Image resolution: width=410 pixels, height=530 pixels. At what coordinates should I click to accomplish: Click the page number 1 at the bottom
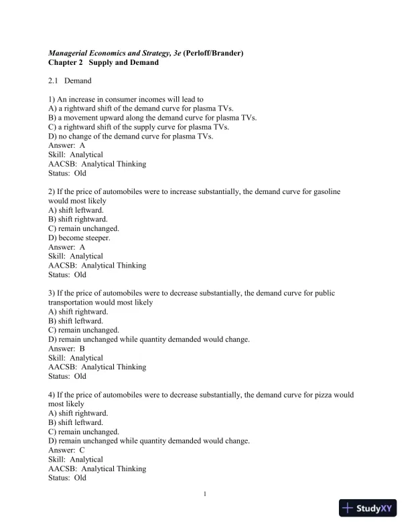tap(205, 495)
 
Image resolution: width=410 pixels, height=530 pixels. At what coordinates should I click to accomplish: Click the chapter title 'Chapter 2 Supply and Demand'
tap(103, 62)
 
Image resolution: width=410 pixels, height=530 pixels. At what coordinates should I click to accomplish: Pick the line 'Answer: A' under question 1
tap(67, 145)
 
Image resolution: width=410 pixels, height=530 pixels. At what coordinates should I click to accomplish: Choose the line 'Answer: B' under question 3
tap(67, 349)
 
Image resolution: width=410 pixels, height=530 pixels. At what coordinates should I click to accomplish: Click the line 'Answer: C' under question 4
tap(67, 450)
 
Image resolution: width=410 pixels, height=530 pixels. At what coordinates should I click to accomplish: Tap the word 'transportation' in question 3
tap(73, 302)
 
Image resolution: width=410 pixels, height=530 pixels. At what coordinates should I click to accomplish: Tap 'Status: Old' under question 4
tap(68, 478)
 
